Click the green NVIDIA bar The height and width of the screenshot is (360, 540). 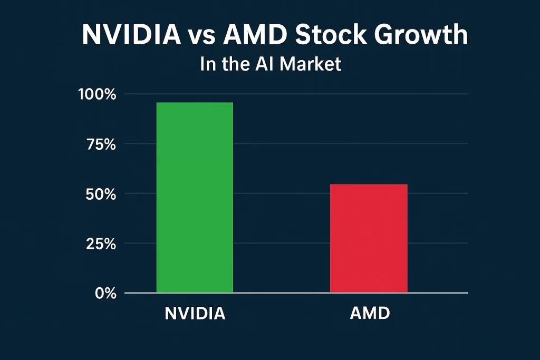pyautogui.click(x=195, y=198)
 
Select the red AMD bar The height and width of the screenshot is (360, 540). pyautogui.click(x=369, y=238)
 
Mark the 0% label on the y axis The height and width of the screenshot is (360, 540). pyautogui.click(x=105, y=294)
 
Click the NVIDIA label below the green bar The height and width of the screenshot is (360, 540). pyautogui.click(x=195, y=314)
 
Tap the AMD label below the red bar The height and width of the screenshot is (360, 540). pyautogui.click(x=370, y=314)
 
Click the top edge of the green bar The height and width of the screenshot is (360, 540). pyautogui.click(x=195, y=103)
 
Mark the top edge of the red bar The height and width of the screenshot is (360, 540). pyautogui.click(x=369, y=184)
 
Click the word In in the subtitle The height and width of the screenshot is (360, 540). pyautogui.click(x=207, y=64)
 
